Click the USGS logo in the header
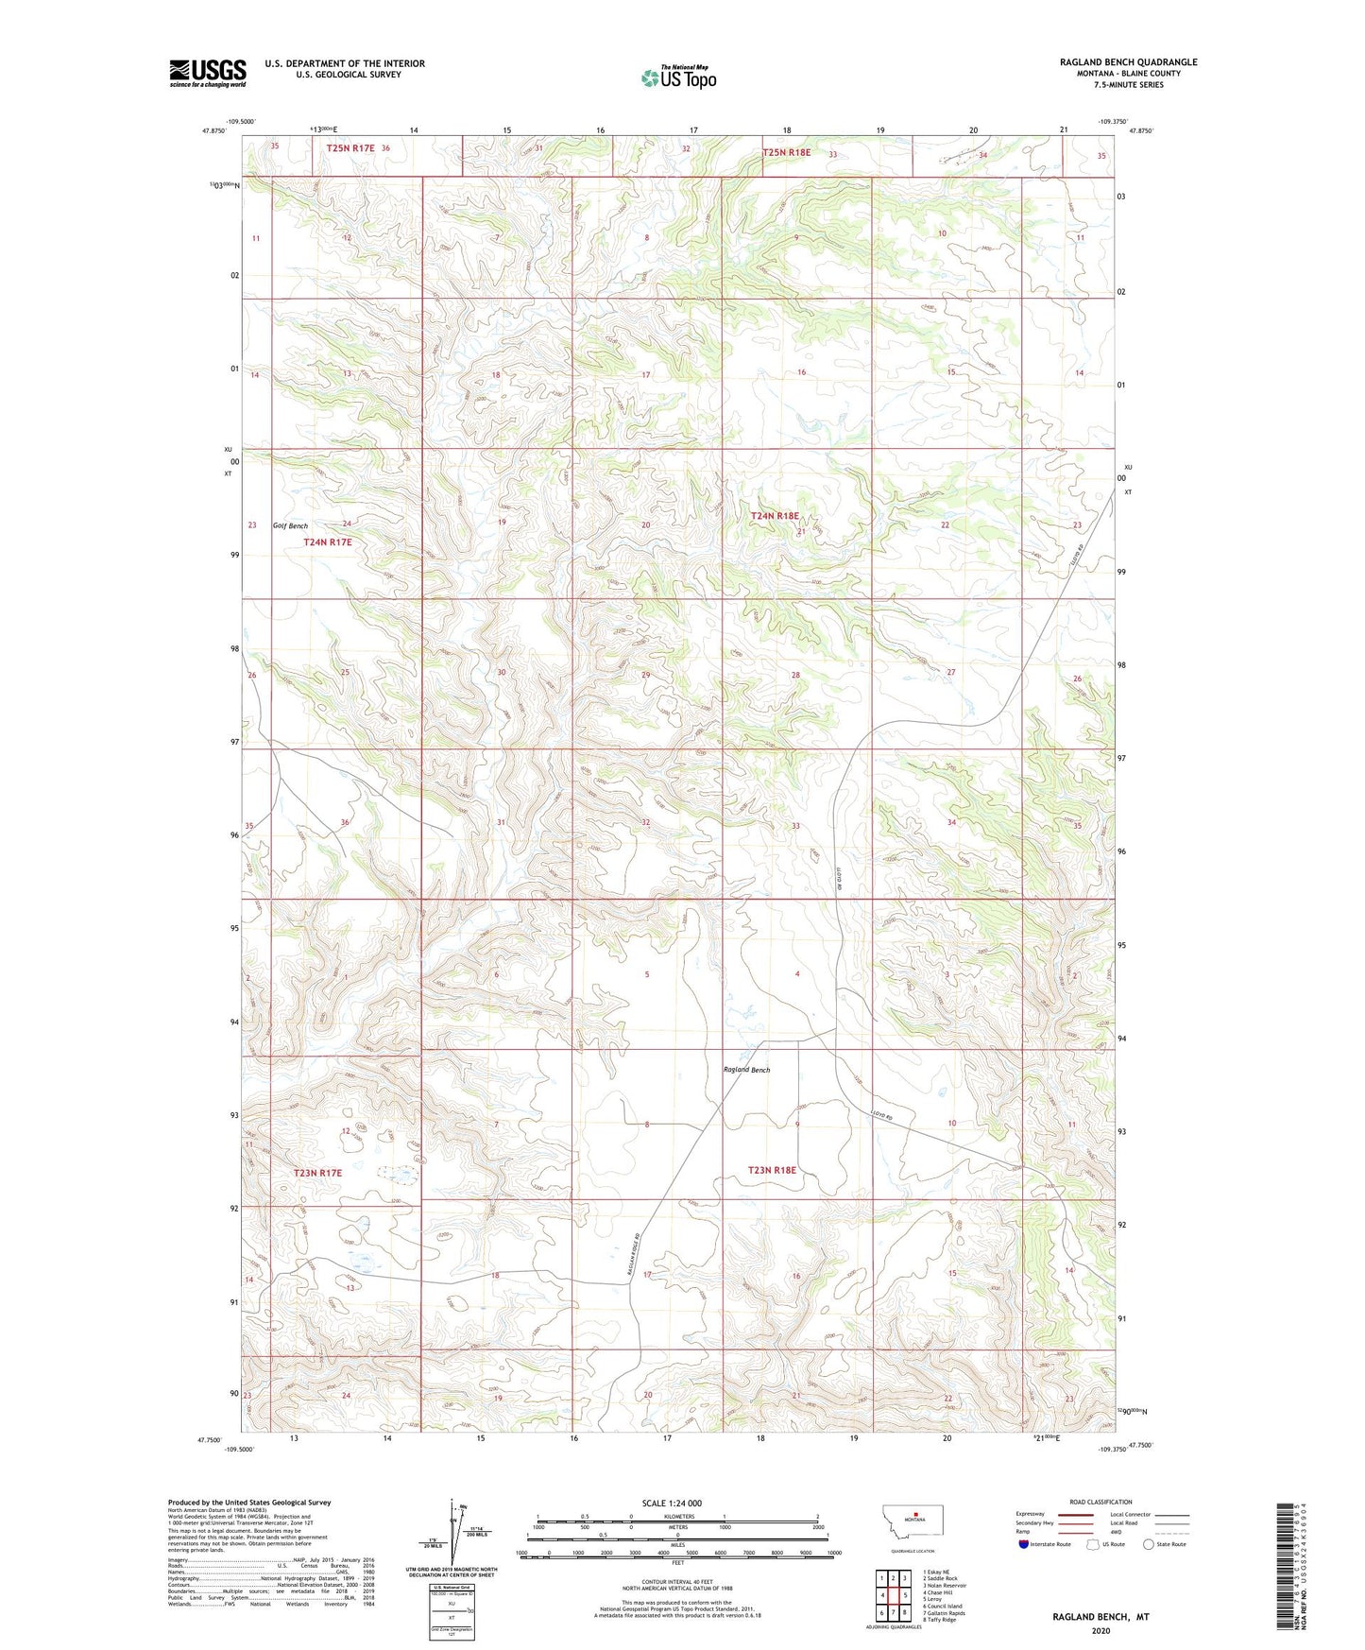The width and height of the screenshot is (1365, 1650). (x=208, y=72)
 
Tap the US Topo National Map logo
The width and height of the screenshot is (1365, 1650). (x=678, y=77)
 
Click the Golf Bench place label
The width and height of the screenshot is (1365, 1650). (x=290, y=525)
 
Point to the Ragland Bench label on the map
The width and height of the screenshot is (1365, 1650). (x=746, y=1070)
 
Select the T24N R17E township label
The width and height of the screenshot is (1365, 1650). (x=327, y=542)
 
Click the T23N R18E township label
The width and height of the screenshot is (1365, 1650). (x=772, y=1170)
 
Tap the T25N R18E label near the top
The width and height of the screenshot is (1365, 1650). (x=786, y=152)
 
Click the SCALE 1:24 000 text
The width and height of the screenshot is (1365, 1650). (x=672, y=1504)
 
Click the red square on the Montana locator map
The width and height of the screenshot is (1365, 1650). (x=915, y=1538)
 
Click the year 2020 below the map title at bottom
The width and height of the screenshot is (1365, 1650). (x=1100, y=1631)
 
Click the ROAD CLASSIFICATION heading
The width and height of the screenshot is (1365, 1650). (x=1101, y=1502)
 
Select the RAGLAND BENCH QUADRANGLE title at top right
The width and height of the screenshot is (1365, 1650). (x=1128, y=62)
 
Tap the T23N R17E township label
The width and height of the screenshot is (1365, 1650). (x=317, y=1173)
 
